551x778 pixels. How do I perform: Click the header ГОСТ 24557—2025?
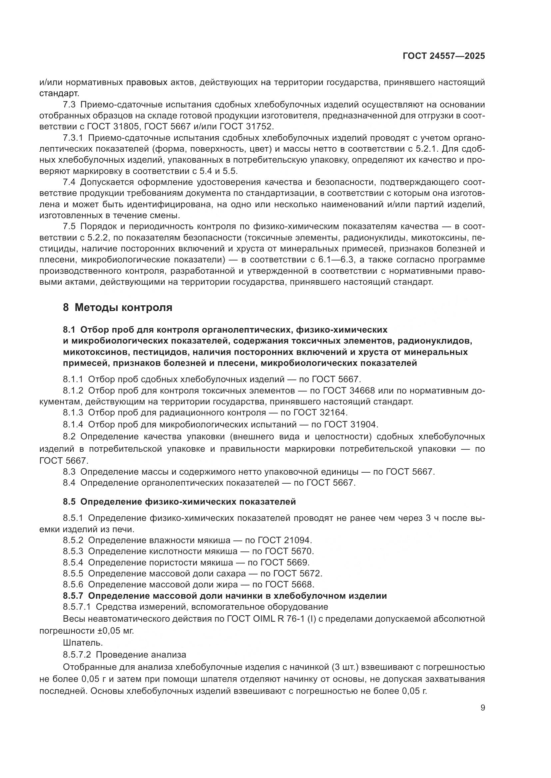click(x=443, y=56)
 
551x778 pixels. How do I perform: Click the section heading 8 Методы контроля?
click(x=117, y=308)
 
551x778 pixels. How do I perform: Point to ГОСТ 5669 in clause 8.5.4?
click(x=285, y=562)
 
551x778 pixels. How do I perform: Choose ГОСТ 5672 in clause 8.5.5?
click(x=297, y=574)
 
